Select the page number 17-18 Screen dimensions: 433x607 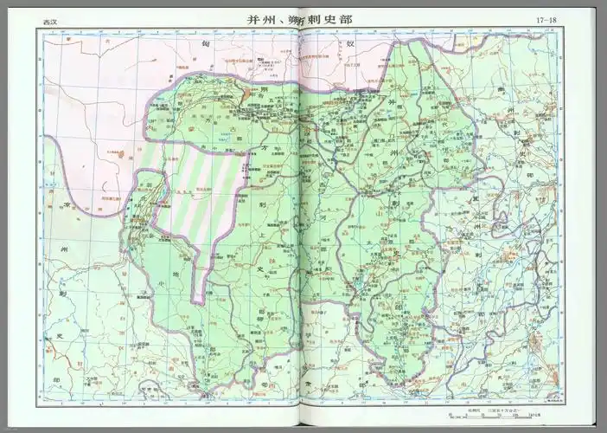coord(546,18)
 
